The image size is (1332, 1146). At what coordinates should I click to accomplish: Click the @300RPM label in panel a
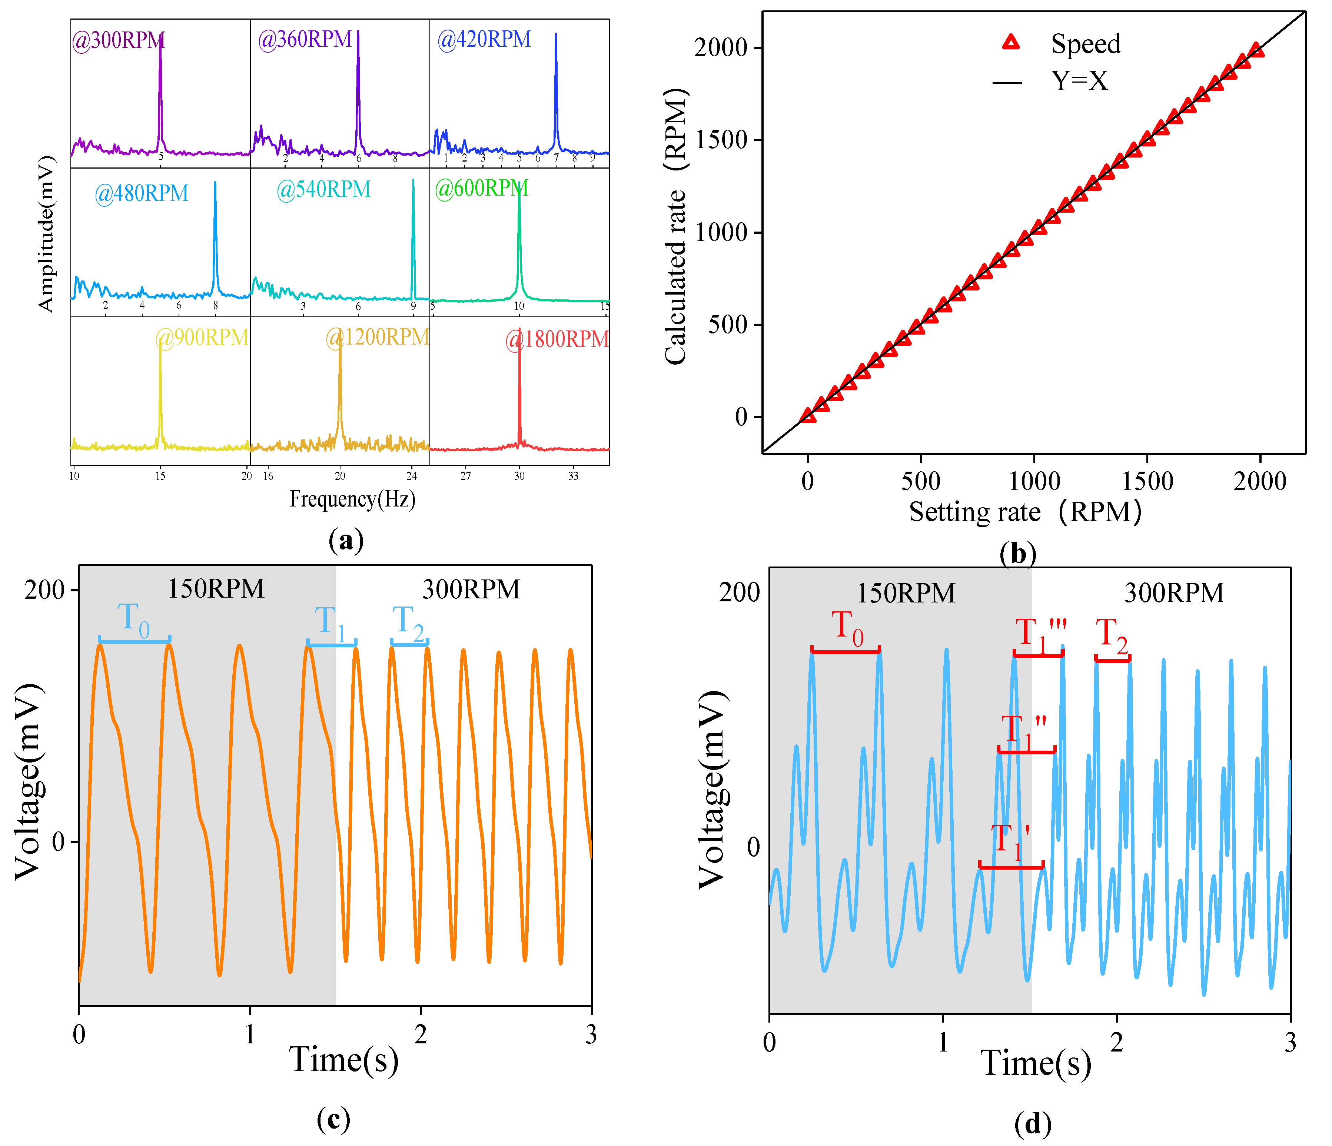[x=119, y=40]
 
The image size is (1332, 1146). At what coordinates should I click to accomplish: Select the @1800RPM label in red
[x=557, y=339]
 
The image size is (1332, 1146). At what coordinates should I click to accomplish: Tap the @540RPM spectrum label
[x=323, y=190]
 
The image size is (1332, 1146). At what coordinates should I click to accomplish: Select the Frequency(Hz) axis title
[x=352, y=499]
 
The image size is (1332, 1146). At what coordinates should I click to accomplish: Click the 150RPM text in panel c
[x=216, y=589]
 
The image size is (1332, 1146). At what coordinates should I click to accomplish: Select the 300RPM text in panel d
[x=1174, y=592]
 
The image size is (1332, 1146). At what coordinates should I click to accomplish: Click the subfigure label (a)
[x=346, y=541]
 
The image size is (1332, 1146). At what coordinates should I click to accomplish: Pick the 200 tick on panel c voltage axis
[x=44, y=589]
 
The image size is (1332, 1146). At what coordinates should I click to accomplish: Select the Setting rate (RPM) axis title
[x=1025, y=512]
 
